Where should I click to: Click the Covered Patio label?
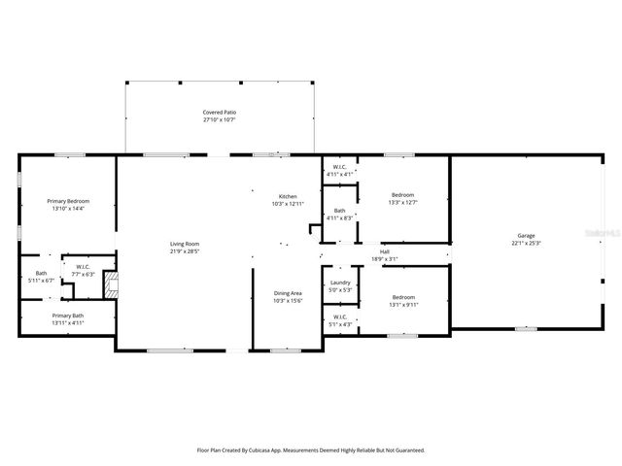click(x=220, y=113)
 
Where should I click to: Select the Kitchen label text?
click(x=288, y=196)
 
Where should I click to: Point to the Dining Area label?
click(x=288, y=293)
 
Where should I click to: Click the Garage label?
click(x=526, y=236)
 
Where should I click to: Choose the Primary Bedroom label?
click(x=68, y=201)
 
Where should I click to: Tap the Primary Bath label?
click(x=68, y=316)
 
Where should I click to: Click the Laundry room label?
click(x=340, y=283)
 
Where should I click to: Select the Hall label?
click(x=385, y=251)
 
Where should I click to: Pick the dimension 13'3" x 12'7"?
click(x=402, y=202)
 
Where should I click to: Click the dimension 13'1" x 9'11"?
click(x=402, y=304)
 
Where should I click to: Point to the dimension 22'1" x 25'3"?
click(x=526, y=243)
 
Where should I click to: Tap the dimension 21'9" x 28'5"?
click(x=185, y=250)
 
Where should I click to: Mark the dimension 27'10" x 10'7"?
click(x=220, y=120)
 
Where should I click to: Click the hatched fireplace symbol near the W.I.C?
click(x=111, y=284)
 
